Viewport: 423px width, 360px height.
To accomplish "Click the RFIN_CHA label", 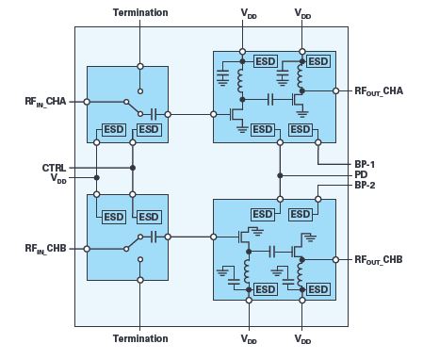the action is click(x=45, y=102).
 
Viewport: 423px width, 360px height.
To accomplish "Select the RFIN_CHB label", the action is click(x=45, y=249).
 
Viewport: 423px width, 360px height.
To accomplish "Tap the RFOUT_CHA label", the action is click(x=379, y=91).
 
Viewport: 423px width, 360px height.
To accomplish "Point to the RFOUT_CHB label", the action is click(x=379, y=260).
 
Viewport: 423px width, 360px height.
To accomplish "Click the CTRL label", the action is click(x=54, y=168).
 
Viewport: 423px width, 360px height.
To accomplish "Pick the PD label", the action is click(x=361, y=174).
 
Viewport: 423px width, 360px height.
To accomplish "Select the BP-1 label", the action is click(x=365, y=164).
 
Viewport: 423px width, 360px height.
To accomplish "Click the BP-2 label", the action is click(x=365, y=185).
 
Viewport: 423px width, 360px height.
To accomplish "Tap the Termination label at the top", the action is click(x=140, y=12).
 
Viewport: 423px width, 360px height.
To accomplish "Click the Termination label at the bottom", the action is click(x=140, y=338).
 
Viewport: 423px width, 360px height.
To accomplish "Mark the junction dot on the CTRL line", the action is click(x=133, y=168).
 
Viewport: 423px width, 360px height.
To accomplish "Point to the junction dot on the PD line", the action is click(x=280, y=175).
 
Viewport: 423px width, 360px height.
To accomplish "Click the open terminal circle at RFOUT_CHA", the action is click(x=335, y=91).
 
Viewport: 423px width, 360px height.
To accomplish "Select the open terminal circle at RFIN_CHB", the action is click(x=87, y=249).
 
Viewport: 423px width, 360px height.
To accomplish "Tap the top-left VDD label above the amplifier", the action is click(x=249, y=14).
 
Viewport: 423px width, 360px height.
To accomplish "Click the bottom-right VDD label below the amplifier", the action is click(x=302, y=339).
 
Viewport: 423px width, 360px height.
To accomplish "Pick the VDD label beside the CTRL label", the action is click(x=58, y=179).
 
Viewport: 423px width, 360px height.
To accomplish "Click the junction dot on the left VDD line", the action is click(x=97, y=178).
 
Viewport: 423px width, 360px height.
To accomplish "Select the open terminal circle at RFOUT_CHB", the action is click(x=335, y=260).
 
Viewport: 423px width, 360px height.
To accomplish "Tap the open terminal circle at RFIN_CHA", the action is click(x=87, y=102).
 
